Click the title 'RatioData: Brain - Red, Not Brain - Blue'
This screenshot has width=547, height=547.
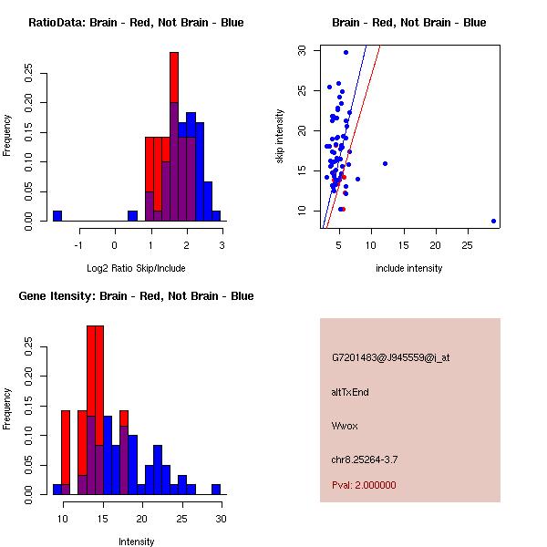point(136,23)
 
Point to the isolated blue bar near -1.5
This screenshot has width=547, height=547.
point(57,216)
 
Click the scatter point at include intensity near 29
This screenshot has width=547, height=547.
point(493,221)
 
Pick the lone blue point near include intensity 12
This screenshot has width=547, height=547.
point(385,163)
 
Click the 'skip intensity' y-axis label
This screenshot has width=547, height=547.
point(281,137)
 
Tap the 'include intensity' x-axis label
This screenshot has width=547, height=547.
point(409,268)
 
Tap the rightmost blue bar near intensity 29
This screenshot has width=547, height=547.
point(216,490)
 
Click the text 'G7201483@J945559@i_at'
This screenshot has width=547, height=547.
point(390,357)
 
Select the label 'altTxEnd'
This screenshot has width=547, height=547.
point(350,392)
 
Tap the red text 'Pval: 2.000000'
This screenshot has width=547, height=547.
point(364,485)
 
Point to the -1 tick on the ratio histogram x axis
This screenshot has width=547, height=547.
point(79,244)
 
